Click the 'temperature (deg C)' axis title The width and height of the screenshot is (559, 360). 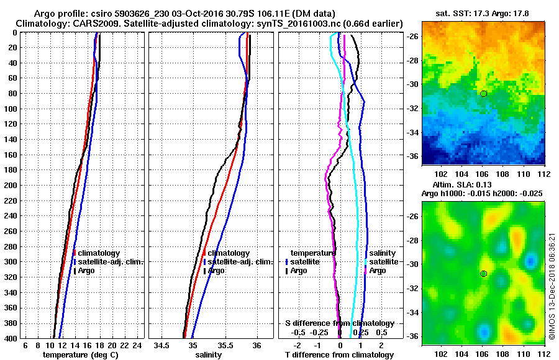84,355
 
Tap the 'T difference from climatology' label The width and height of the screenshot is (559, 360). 339,355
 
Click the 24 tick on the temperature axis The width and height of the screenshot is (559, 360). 137,345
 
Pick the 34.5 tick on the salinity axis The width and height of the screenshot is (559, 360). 163,345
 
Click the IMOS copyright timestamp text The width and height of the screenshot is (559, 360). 552,286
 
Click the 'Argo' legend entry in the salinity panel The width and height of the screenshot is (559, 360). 216,271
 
